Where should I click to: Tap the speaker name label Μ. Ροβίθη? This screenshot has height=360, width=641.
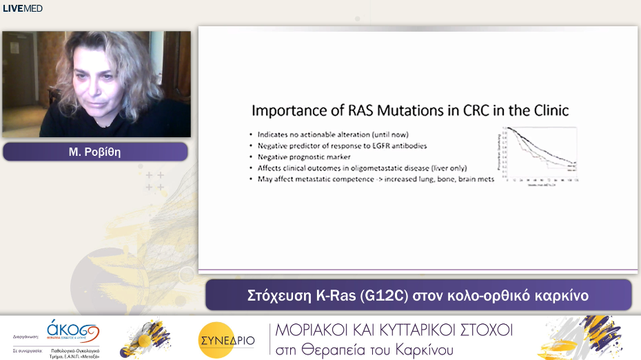pyautogui.click(x=95, y=152)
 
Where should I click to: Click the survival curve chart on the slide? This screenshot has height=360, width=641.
pyautogui.click(x=541, y=156)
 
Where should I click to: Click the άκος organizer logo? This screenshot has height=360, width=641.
pyautogui.click(x=72, y=330)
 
